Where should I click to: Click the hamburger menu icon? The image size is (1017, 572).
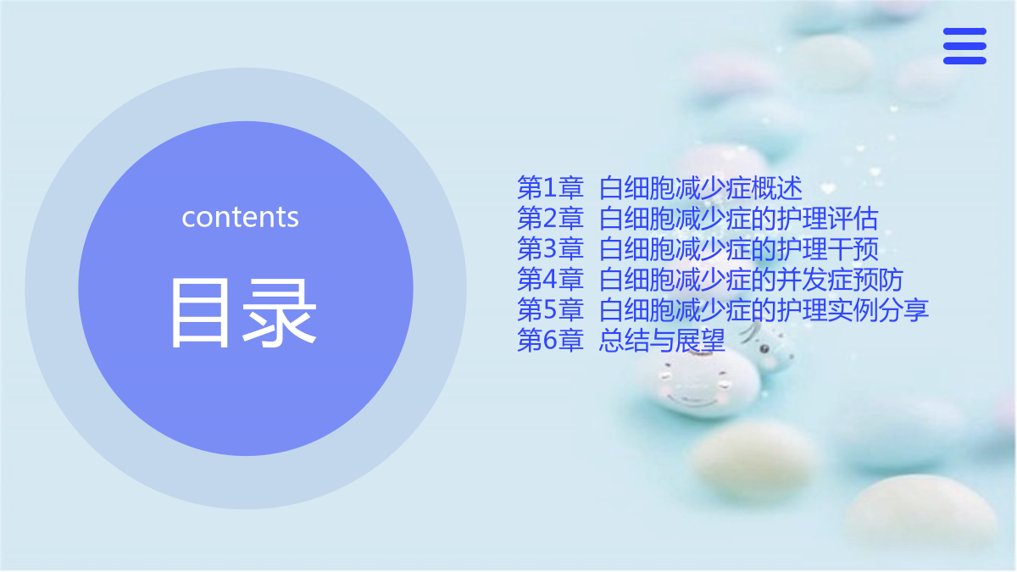[964, 46]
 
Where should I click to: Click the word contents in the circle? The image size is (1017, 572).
[240, 217]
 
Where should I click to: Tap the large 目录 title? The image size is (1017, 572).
[243, 314]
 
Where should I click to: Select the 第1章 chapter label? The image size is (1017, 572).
[550, 188]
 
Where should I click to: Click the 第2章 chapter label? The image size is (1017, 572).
[550, 219]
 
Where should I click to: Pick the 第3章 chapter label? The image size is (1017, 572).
[550, 249]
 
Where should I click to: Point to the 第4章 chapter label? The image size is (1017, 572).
[550, 279]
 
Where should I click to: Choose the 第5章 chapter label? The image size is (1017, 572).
[550, 309]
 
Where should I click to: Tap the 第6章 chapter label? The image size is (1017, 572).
[550, 340]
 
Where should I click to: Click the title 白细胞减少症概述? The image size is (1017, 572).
[701, 188]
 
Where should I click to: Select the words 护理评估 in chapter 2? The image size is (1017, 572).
[828, 219]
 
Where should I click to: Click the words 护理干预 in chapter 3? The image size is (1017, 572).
[828, 249]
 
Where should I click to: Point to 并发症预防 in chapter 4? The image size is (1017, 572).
[840, 279]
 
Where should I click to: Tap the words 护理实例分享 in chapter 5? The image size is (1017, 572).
[853, 309]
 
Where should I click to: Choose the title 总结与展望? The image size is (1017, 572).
[662, 340]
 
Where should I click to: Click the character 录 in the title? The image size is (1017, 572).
[279, 314]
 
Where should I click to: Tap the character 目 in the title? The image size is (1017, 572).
[200, 314]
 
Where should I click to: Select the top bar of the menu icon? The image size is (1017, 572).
[964, 31]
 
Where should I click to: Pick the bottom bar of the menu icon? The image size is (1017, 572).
[964, 61]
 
